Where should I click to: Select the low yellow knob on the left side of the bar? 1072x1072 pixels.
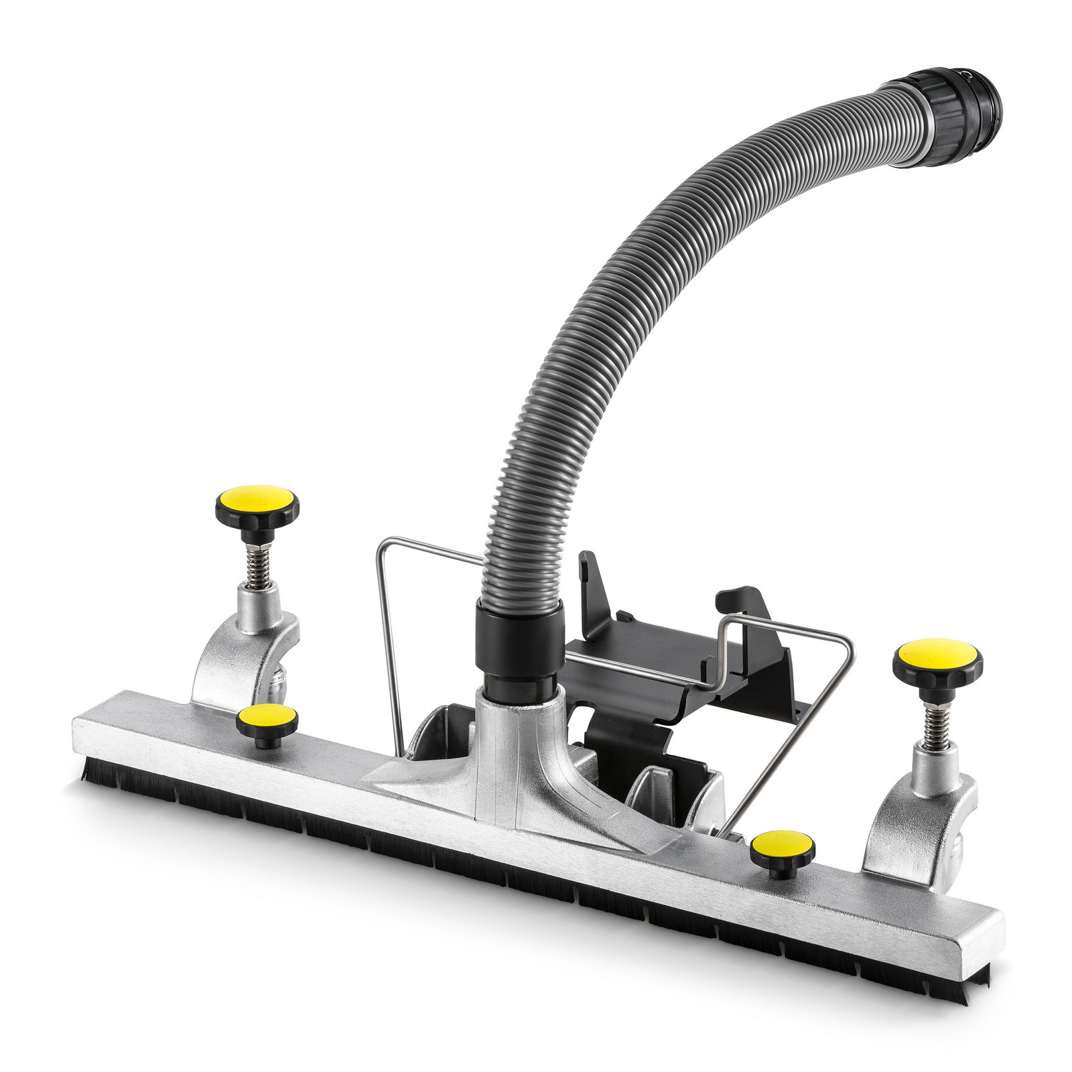pos(266,718)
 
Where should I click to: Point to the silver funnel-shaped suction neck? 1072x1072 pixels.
pos(509,770)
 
